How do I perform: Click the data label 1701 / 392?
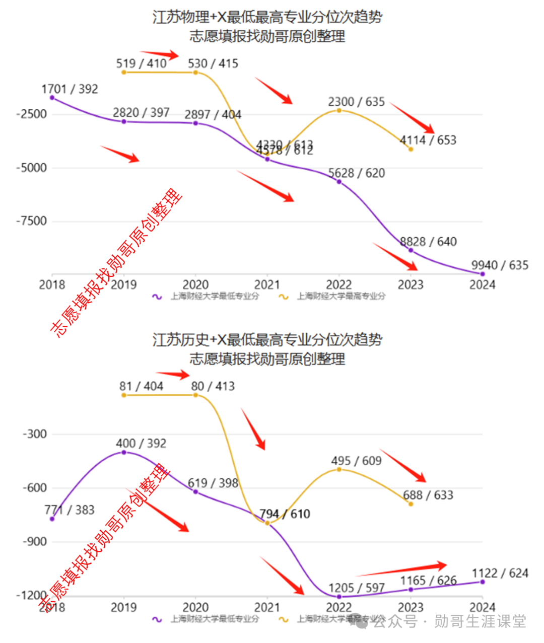point(70,89)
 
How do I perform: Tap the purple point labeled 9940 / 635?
point(483,274)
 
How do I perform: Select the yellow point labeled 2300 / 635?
point(339,110)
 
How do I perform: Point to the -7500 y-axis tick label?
point(31,221)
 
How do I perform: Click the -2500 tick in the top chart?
point(31,114)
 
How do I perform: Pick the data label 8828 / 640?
point(428,242)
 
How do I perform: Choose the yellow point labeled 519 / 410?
point(124,73)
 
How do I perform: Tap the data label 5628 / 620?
point(357,173)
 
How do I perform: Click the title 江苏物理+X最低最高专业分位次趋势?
point(267,17)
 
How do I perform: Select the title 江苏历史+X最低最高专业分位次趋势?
point(267,340)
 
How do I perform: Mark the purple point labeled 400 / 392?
point(124,452)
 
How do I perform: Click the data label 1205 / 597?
point(357,588)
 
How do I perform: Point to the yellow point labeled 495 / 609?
point(339,469)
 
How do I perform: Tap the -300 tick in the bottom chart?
point(34,434)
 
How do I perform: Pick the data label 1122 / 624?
point(500,573)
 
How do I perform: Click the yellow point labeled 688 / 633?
point(411,504)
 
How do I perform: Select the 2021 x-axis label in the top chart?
point(267,285)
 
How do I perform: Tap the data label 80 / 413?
point(213,386)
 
